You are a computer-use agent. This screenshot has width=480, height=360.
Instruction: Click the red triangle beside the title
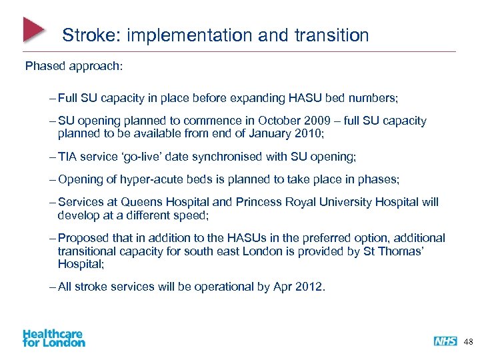pyautogui.click(x=33, y=29)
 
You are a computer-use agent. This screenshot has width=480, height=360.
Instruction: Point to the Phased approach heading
pyautogui.click(x=74, y=67)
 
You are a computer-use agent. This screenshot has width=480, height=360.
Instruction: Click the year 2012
pyautogui.click(x=311, y=287)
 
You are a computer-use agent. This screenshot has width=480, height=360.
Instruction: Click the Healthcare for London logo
pyautogui.click(x=53, y=338)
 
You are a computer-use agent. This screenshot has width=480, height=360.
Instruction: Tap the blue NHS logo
pyautogui.click(x=445, y=341)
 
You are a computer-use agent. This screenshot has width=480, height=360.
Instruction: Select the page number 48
pyautogui.click(x=468, y=341)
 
